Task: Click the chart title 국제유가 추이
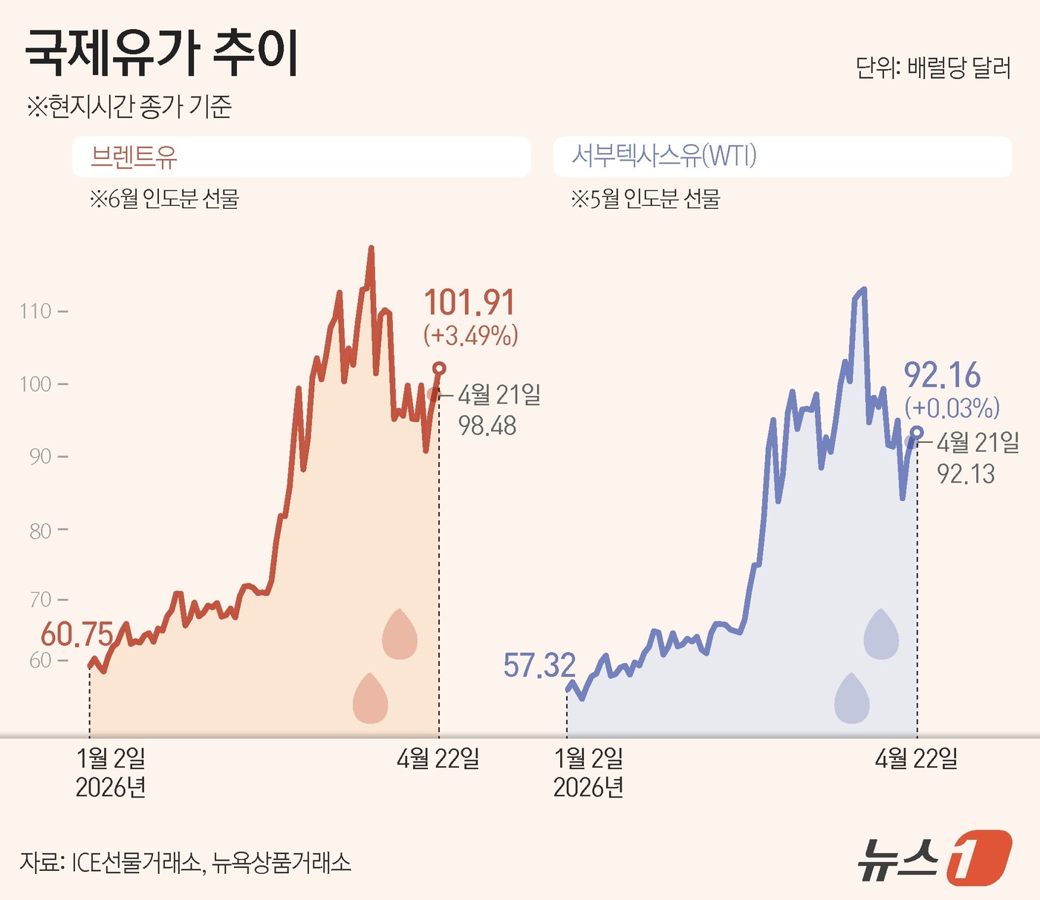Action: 161,54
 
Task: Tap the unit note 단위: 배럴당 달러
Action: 933,68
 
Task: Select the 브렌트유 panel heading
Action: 134,156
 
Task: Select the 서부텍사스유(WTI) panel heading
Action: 663,156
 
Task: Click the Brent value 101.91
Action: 469,303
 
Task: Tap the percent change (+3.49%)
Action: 470,336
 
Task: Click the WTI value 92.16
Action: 942,376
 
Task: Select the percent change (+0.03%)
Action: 952,408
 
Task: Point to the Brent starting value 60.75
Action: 77,635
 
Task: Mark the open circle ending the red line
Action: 439,369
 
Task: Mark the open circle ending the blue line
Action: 917,433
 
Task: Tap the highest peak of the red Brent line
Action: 371,249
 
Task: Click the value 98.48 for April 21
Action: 487,426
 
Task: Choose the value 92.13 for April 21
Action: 966,474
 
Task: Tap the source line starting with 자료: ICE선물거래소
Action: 185,862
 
